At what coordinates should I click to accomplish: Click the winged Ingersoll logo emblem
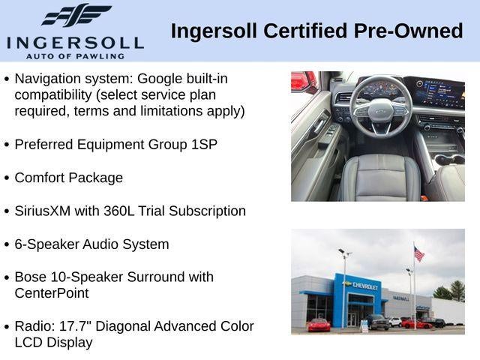pyautogui.click(x=76, y=15)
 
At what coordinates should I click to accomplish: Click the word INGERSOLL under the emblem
pyautogui.click(x=75, y=43)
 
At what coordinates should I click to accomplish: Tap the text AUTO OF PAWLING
pyautogui.click(x=75, y=56)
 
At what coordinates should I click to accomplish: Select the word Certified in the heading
pyautogui.click(x=305, y=31)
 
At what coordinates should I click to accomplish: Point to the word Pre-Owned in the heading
pyautogui.click(x=408, y=31)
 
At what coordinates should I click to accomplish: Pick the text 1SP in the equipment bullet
pyautogui.click(x=204, y=145)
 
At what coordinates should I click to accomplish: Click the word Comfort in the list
pyautogui.click(x=40, y=178)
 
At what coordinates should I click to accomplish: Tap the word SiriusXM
pyautogui.click(x=43, y=211)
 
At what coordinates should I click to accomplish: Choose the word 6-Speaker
pyautogui.click(x=46, y=244)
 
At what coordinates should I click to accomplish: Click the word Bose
pyautogui.click(x=30, y=277)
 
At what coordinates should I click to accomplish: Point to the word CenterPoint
pyautogui.click(x=52, y=293)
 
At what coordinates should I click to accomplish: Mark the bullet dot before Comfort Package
pyautogui.click(x=7, y=178)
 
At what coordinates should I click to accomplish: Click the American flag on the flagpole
pyautogui.click(x=419, y=253)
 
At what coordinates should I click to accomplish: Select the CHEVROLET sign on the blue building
pyautogui.click(x=364, y=286)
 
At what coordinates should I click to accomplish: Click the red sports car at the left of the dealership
pyautogui.click(x=319, y=325)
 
